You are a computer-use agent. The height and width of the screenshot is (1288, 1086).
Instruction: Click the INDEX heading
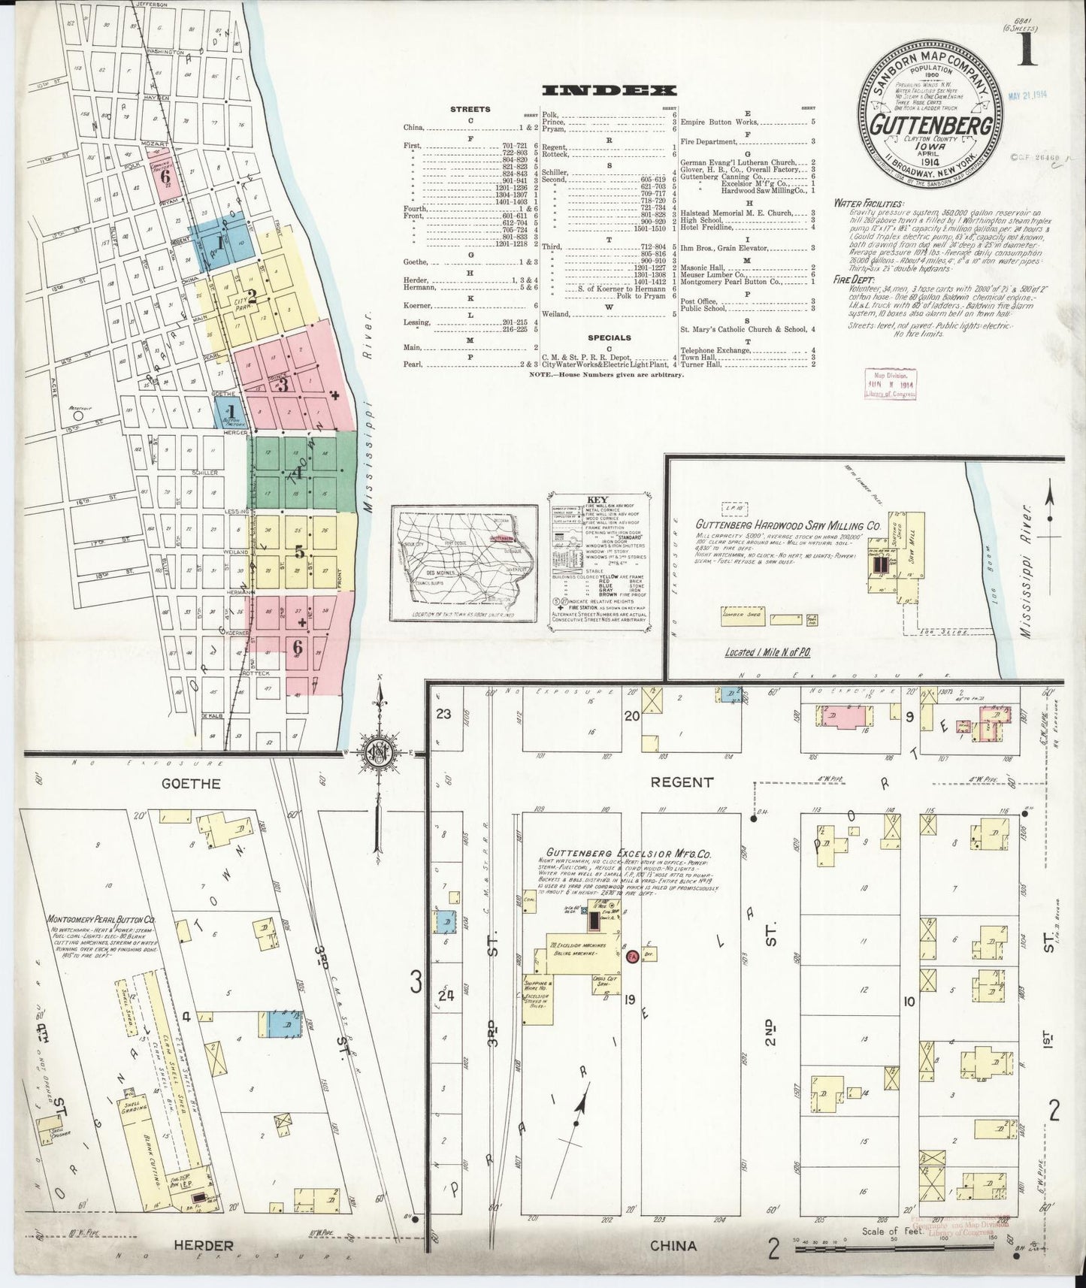click(x=610, y=90)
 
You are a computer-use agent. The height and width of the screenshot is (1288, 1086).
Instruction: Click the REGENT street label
click(x=682, y=782)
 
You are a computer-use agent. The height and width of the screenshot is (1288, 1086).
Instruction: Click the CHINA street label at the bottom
click(x=674, y=1245)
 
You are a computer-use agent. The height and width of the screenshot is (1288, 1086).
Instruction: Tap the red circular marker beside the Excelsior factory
click(x=633, y=957)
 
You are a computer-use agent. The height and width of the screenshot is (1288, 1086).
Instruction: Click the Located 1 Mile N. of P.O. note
click(x=771, y=654)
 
